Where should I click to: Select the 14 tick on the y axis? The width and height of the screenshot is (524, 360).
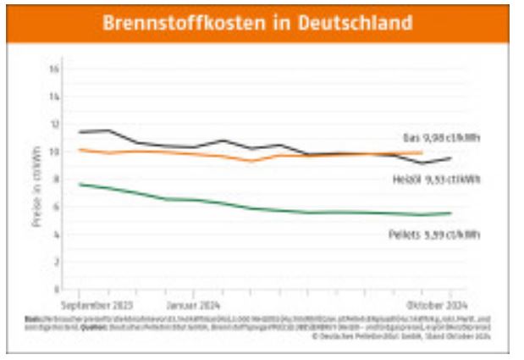(54, 97)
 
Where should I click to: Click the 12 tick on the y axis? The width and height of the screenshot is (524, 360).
(54, 125)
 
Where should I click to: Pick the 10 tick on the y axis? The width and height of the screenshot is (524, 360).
(54, 152)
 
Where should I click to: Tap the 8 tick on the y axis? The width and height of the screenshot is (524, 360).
(55, 180)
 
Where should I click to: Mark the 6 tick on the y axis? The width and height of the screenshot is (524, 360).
(55, 208)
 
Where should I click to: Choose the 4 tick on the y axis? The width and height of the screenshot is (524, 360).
(55, 235)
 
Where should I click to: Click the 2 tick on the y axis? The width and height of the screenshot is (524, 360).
(55, 263)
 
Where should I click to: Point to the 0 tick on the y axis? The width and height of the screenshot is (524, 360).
(55, 290)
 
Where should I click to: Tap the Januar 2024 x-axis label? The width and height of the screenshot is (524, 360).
(193, 302)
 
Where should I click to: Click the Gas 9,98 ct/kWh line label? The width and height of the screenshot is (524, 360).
(440, 137)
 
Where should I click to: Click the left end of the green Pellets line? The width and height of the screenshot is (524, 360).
(80, 184)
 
